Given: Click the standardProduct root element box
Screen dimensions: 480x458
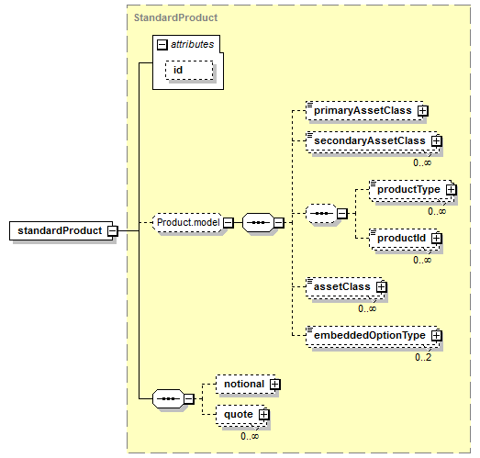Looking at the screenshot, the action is point(61,230).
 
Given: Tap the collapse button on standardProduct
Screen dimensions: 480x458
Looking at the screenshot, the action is point(113,231).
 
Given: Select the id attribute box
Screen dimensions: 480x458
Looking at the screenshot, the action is point(189,70).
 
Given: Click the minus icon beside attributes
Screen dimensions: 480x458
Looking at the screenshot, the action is point(162,45).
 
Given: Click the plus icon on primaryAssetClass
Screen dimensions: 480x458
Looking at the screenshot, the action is point(423,110).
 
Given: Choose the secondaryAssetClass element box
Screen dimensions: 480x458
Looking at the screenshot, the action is point(373,140).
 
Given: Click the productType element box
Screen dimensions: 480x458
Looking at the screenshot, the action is point(412,189).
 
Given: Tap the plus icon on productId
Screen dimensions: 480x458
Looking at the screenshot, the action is point(437,239).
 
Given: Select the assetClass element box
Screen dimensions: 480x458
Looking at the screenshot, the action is point(345,287).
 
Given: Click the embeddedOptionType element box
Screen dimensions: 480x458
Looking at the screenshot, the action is point(373,336).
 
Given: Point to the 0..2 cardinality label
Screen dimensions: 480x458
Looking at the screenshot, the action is point(423,357).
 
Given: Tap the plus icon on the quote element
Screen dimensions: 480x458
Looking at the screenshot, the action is point(263,415).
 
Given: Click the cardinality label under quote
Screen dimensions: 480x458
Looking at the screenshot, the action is point(250,436).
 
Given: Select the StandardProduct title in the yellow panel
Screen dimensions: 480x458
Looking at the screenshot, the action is point(175,17).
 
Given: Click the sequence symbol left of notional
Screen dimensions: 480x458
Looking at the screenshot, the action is point(169,398).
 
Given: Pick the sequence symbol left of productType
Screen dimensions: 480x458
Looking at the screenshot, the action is point(322,213).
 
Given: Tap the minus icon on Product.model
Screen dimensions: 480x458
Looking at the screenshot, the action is point(228,222).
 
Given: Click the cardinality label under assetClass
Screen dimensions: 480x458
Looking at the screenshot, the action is point(367,308).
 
